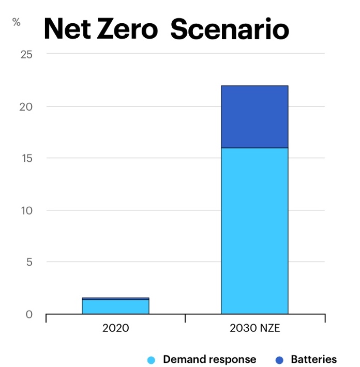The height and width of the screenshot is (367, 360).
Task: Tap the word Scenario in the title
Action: (x=229, y=29)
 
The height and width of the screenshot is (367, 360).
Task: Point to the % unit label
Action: (x=17, y=22)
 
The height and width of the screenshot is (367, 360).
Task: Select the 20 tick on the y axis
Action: (x=26, y=106)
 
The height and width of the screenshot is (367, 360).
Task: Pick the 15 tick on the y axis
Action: (x=26, y=158)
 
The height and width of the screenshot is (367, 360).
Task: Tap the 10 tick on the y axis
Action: (x=26, y=210)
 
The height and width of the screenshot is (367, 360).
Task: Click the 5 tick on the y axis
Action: (x=29, y=262)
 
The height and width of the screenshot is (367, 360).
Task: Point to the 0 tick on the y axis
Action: (x=29, y=314)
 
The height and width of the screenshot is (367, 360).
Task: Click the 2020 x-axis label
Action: (x=115, y=328)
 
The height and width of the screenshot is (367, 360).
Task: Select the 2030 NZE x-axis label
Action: (x=254, y=328)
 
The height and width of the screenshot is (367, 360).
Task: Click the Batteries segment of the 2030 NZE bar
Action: (x=254, y=117)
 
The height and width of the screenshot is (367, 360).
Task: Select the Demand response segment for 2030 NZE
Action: (x=254, y=231)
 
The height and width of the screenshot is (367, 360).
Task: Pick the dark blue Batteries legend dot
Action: (x=279, y=360)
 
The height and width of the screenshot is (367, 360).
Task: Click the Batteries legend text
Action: (x=313, y=359)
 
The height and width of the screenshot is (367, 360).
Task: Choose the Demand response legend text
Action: (x=209, y=359)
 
